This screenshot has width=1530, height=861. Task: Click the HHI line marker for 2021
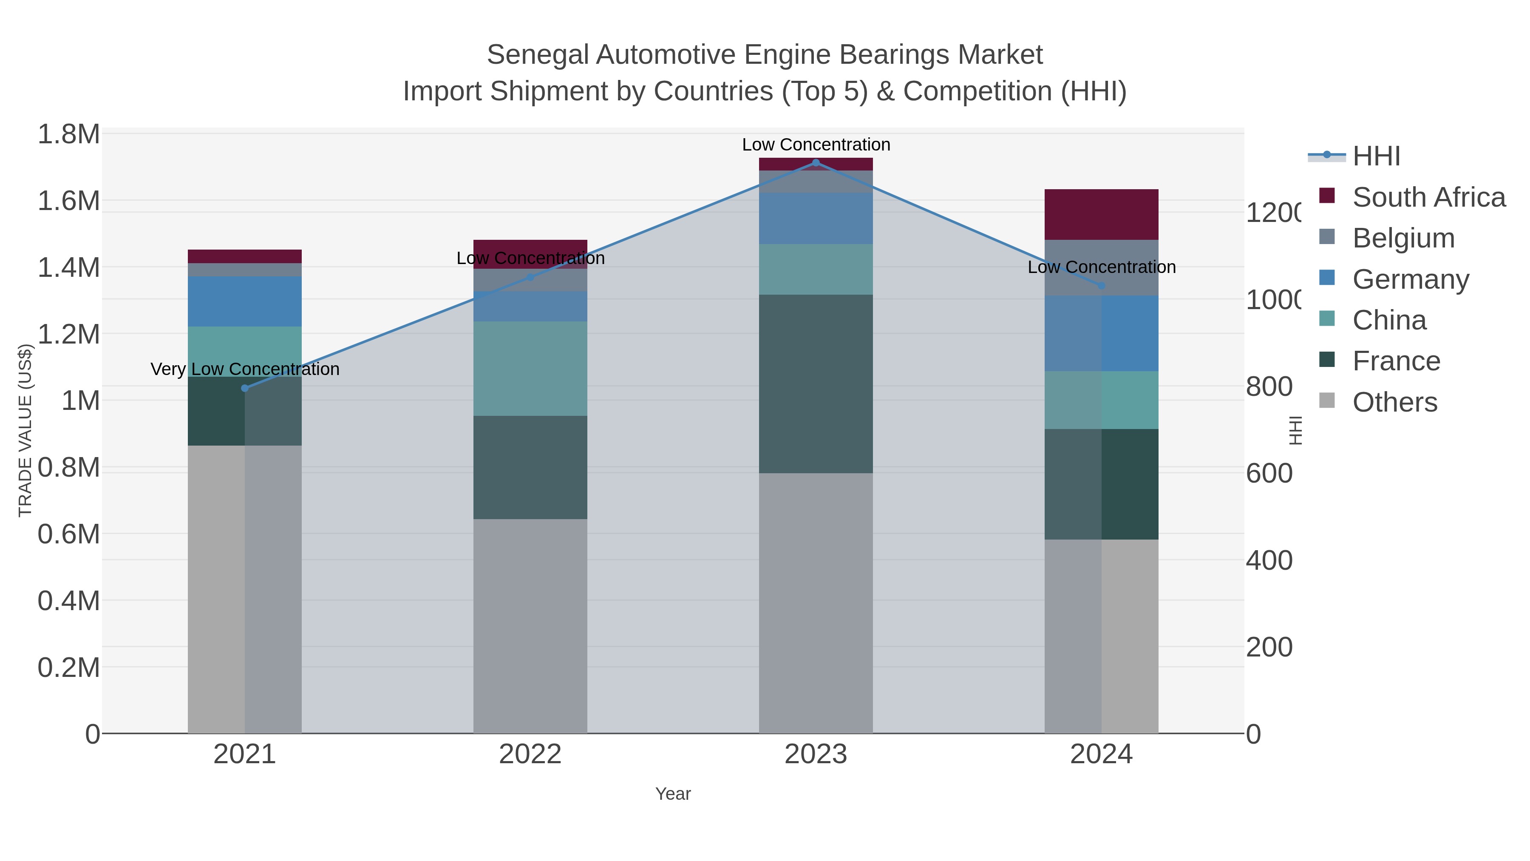point(245,388)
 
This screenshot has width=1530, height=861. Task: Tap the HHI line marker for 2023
point(816,162)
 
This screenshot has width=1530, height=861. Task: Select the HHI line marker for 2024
point(1101,286)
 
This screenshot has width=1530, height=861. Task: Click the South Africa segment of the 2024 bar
point(1101,215)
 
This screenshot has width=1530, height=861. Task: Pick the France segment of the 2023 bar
point(816,384)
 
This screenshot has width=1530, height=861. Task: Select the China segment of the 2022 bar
point(530,368)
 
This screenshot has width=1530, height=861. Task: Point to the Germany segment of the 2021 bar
point(245,301)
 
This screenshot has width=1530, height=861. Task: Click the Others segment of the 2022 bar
point(530,626)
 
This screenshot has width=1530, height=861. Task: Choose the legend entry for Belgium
point(1403,238)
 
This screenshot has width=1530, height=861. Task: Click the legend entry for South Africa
point(1428,197)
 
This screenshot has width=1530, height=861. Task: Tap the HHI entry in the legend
point(1376,156)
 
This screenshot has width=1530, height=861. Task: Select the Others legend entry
point(1394,402)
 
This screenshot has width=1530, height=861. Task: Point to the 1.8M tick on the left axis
point(69,134)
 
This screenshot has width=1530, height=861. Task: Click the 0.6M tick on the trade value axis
point(69,534)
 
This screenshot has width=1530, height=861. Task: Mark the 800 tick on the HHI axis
point(1269,387)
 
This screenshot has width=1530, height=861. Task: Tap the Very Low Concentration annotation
point(245,369)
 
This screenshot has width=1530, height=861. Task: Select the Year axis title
point(673,794)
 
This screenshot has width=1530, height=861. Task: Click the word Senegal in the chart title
point(538,55)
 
